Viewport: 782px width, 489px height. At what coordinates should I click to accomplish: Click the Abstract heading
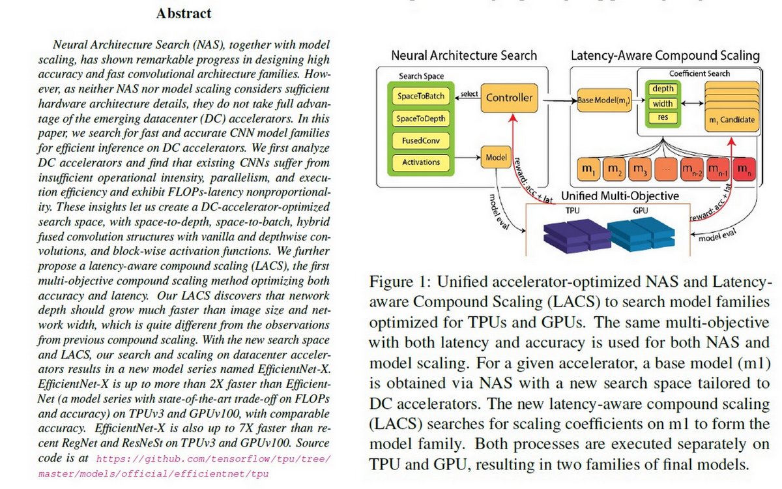pyautogui.click(x=183, y=13)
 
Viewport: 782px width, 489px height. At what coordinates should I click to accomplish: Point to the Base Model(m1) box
pyautogui.click(x=603, y=101)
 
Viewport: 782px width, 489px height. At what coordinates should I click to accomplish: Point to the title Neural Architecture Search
pyautogui.click(x=463, y=56)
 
